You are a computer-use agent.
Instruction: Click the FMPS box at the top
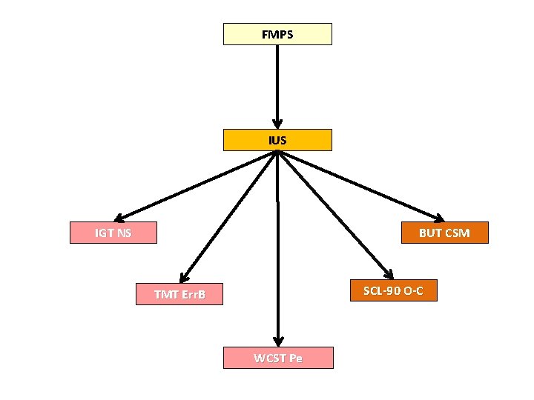click(277, 34)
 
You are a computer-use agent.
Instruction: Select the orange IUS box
click(277, 140)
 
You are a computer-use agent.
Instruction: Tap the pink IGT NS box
click(113, 233)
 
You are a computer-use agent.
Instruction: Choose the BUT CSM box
click(444, 233)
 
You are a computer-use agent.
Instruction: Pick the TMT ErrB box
click(179, 295)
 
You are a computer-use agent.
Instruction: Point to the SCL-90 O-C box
click(393, 290)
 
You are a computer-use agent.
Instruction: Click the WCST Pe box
click(278, 358)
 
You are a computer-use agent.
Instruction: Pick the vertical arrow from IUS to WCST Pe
click(277, 244)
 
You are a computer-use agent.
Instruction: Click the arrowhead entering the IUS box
click(277, 124)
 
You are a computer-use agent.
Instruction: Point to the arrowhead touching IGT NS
click(120, 218)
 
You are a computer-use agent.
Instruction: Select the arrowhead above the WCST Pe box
click(277, 340)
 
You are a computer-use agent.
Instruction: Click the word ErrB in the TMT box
click(190, 295)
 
